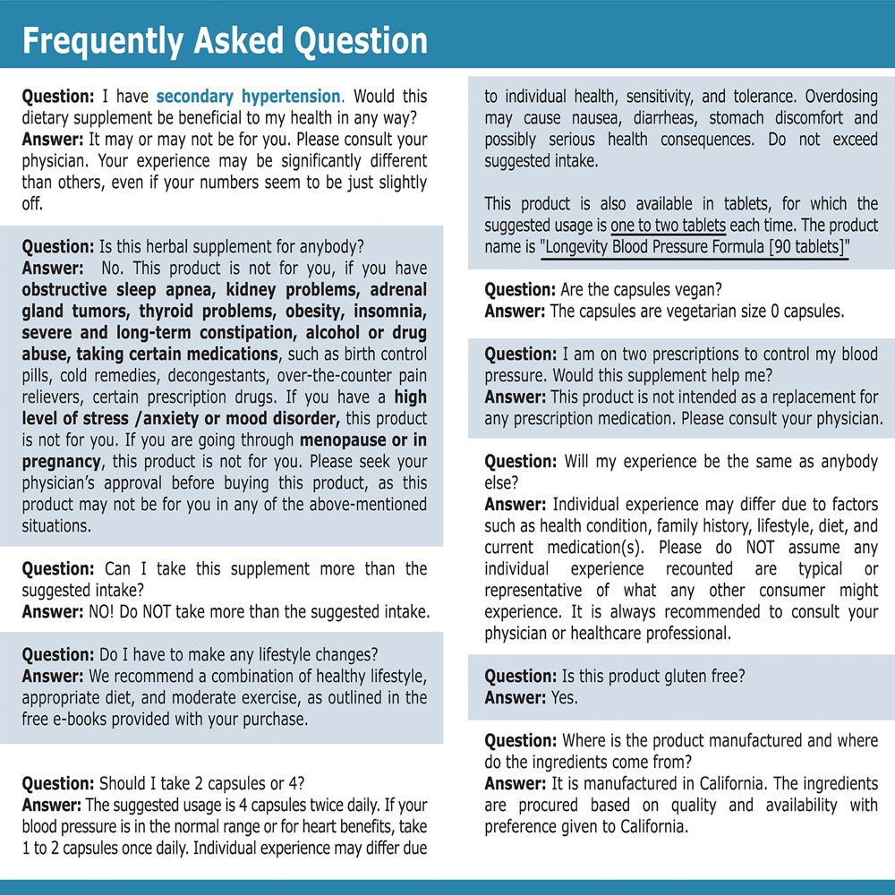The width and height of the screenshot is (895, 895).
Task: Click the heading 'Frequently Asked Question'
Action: tap(225, 41)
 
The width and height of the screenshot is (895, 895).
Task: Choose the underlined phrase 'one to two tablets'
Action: tap(668, 226)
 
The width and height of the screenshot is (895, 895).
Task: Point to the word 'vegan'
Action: tap(695, 290)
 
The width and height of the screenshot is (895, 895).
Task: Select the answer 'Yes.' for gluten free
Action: tap(565, 698)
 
